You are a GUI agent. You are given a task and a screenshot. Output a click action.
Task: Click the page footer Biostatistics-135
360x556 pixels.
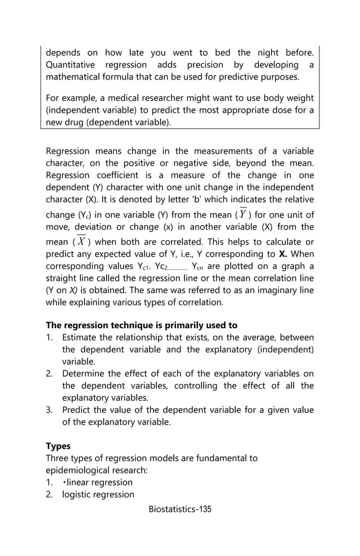[180, 509]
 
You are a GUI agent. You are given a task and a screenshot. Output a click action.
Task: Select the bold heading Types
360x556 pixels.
[58, 446]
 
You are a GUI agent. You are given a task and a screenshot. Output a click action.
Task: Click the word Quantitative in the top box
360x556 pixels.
[71, 65]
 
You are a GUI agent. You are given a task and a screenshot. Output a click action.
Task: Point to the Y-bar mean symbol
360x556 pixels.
[243, 214]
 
